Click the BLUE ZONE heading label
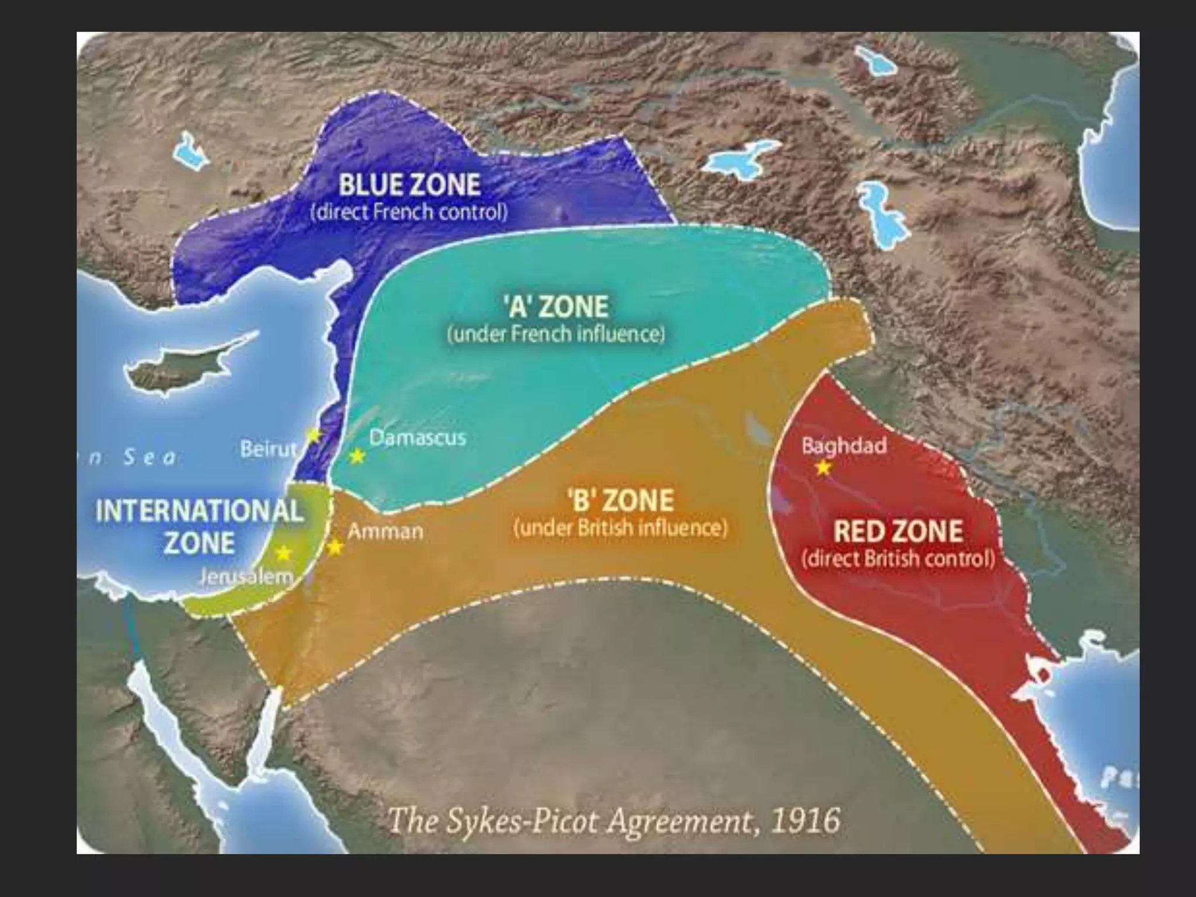409,185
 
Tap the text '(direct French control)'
409,212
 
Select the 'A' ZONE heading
555,307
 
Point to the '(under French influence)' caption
555,334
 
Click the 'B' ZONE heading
621,500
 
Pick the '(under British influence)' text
621,528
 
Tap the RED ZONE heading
898,531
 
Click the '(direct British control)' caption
898,559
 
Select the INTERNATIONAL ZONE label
199,527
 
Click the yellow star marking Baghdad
823,468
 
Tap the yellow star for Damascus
357,456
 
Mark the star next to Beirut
314,435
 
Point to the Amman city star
335,547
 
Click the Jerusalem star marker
284,552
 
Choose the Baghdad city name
843,446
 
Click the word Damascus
418,438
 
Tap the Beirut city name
268,449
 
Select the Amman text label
385,531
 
